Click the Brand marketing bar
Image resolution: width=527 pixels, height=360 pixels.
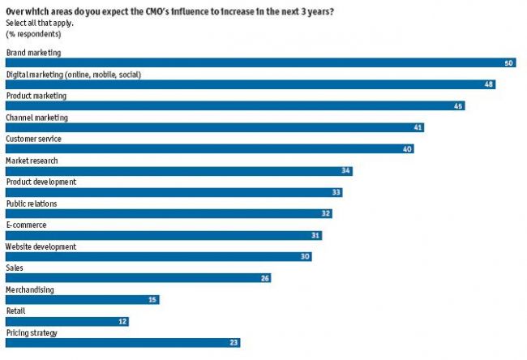click(259, 62)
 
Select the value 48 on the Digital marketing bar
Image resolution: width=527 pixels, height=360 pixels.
click(489, 84)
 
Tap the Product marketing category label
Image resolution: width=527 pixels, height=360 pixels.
click(36, 96)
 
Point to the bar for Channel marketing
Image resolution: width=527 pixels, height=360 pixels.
click(214, 127)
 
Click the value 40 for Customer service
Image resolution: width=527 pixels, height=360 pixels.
click(407, 149)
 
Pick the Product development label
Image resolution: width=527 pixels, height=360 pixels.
click(41, 182)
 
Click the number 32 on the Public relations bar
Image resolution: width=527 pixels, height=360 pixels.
click(326, 214)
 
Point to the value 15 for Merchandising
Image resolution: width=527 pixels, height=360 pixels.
click(152, 300)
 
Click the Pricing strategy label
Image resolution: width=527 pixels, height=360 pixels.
click(32, 332)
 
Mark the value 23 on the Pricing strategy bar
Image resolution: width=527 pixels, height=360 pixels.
click(234, 343)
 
